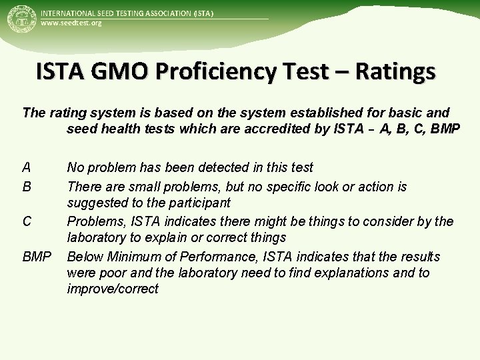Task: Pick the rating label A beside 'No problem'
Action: (26, 167)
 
